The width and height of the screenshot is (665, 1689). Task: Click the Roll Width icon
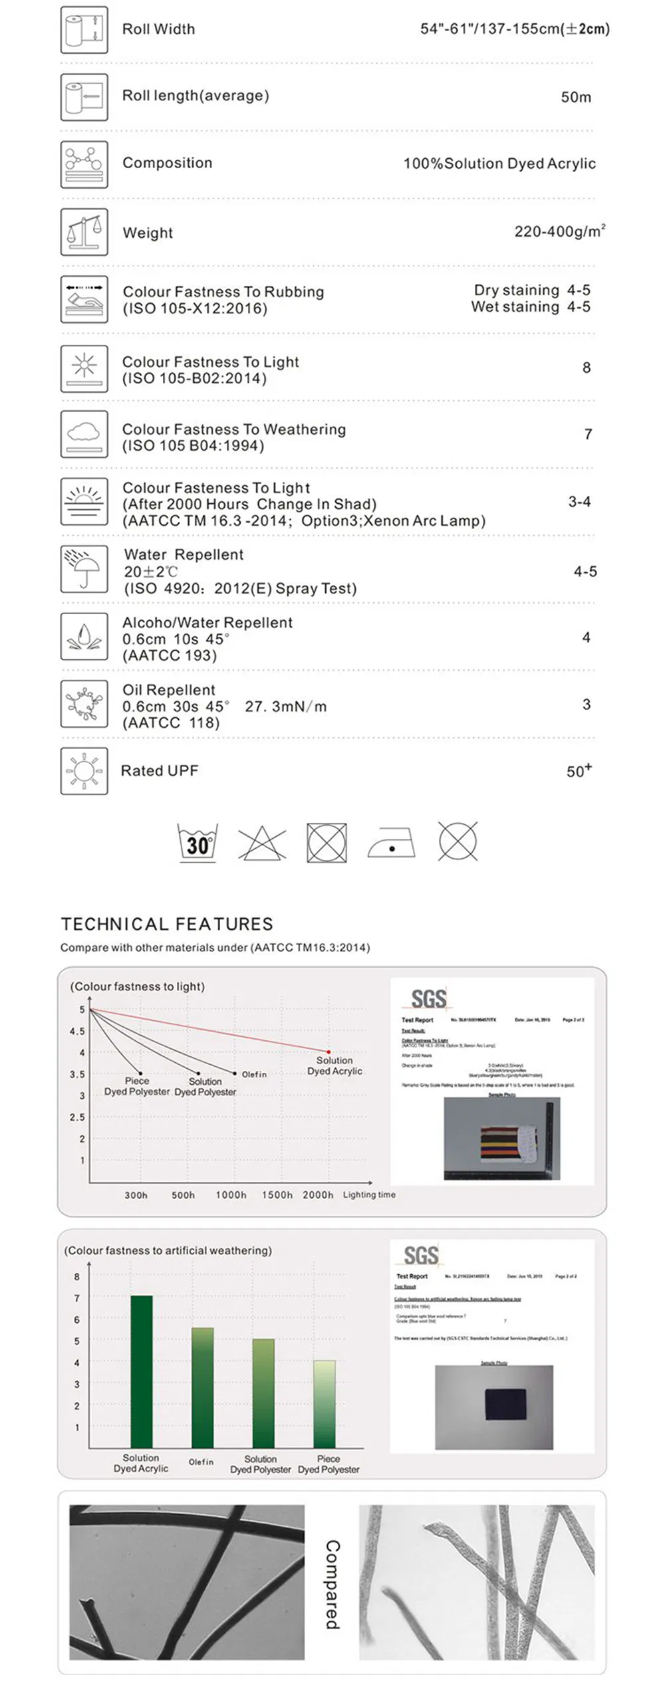click(x=84, y=30)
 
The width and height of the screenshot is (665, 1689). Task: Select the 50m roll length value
click(x=575, y=97)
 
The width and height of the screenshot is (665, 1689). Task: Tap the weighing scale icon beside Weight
click(x=84, y=232)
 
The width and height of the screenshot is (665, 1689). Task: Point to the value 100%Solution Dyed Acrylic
click(x=499, y=164)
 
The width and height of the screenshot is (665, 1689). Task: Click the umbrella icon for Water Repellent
click(x=84, y=569)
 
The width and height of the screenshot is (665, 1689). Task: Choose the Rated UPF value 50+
click(x=579, y=771)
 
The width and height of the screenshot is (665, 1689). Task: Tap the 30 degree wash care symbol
click(x=198, y=843)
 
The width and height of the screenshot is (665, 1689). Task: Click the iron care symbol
click(x=391, y=843)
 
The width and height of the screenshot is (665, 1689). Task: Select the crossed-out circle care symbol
click(x=458, y=842)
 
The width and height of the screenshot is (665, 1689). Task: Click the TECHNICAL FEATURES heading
click(x=167, y=924)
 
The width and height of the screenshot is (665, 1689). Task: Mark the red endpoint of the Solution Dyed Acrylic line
click(x=329, y=1052)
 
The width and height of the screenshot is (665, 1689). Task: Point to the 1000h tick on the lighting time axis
click(x=231, y=1194)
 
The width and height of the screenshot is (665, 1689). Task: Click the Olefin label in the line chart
click(x=254, y=1074)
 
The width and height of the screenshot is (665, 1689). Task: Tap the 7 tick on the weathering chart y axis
click(x=76, y=1298)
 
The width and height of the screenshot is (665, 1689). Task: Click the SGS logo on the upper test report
click(x=429, y=998)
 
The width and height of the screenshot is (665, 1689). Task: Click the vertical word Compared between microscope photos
click(x=332, y=1585)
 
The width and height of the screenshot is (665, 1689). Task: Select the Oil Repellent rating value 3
click(x=586, y=705)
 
